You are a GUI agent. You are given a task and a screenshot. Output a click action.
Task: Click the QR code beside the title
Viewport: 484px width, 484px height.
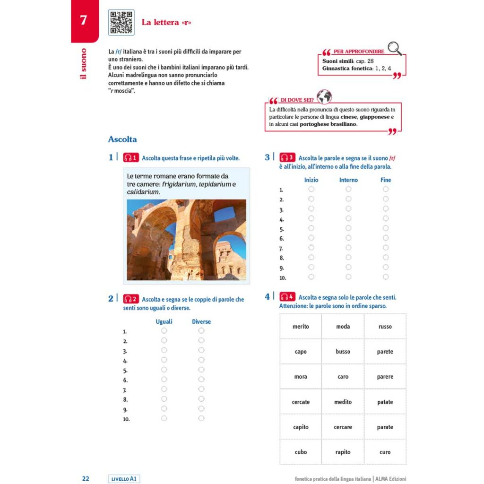121,22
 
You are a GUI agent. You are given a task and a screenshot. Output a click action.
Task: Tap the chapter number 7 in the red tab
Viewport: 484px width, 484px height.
84,20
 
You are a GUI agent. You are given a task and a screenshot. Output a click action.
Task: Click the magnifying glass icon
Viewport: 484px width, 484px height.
394,47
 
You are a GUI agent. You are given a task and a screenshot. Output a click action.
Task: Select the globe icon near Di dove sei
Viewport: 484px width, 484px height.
324,96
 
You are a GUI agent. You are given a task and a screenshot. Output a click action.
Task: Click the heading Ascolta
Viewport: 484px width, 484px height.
122,139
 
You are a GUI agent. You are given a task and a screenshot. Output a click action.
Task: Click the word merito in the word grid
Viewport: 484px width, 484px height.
301,327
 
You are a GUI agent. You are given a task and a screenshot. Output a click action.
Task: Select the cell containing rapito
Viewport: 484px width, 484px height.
343,452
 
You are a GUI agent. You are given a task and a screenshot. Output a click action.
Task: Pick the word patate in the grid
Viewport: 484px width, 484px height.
385,402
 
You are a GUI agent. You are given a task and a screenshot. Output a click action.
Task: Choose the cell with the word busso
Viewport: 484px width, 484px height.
343,352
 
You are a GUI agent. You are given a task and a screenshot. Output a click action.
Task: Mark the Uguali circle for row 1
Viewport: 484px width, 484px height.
164,331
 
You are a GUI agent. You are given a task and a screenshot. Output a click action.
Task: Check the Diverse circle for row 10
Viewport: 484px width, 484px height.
201,418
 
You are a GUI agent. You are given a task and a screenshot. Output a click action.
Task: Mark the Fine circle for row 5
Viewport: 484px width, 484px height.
386,228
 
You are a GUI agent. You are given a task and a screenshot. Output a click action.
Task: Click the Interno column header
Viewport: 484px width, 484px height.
348,180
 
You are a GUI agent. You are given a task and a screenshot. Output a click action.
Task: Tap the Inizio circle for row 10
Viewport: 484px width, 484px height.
311,277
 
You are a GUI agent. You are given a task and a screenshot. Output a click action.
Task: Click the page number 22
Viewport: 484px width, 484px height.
86,478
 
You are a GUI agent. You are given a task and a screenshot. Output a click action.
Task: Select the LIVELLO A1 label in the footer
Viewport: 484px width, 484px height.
124,479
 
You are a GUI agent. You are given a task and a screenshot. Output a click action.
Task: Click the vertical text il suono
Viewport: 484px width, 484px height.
84,63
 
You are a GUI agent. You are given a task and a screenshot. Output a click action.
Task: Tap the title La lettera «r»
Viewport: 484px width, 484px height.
166,22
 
